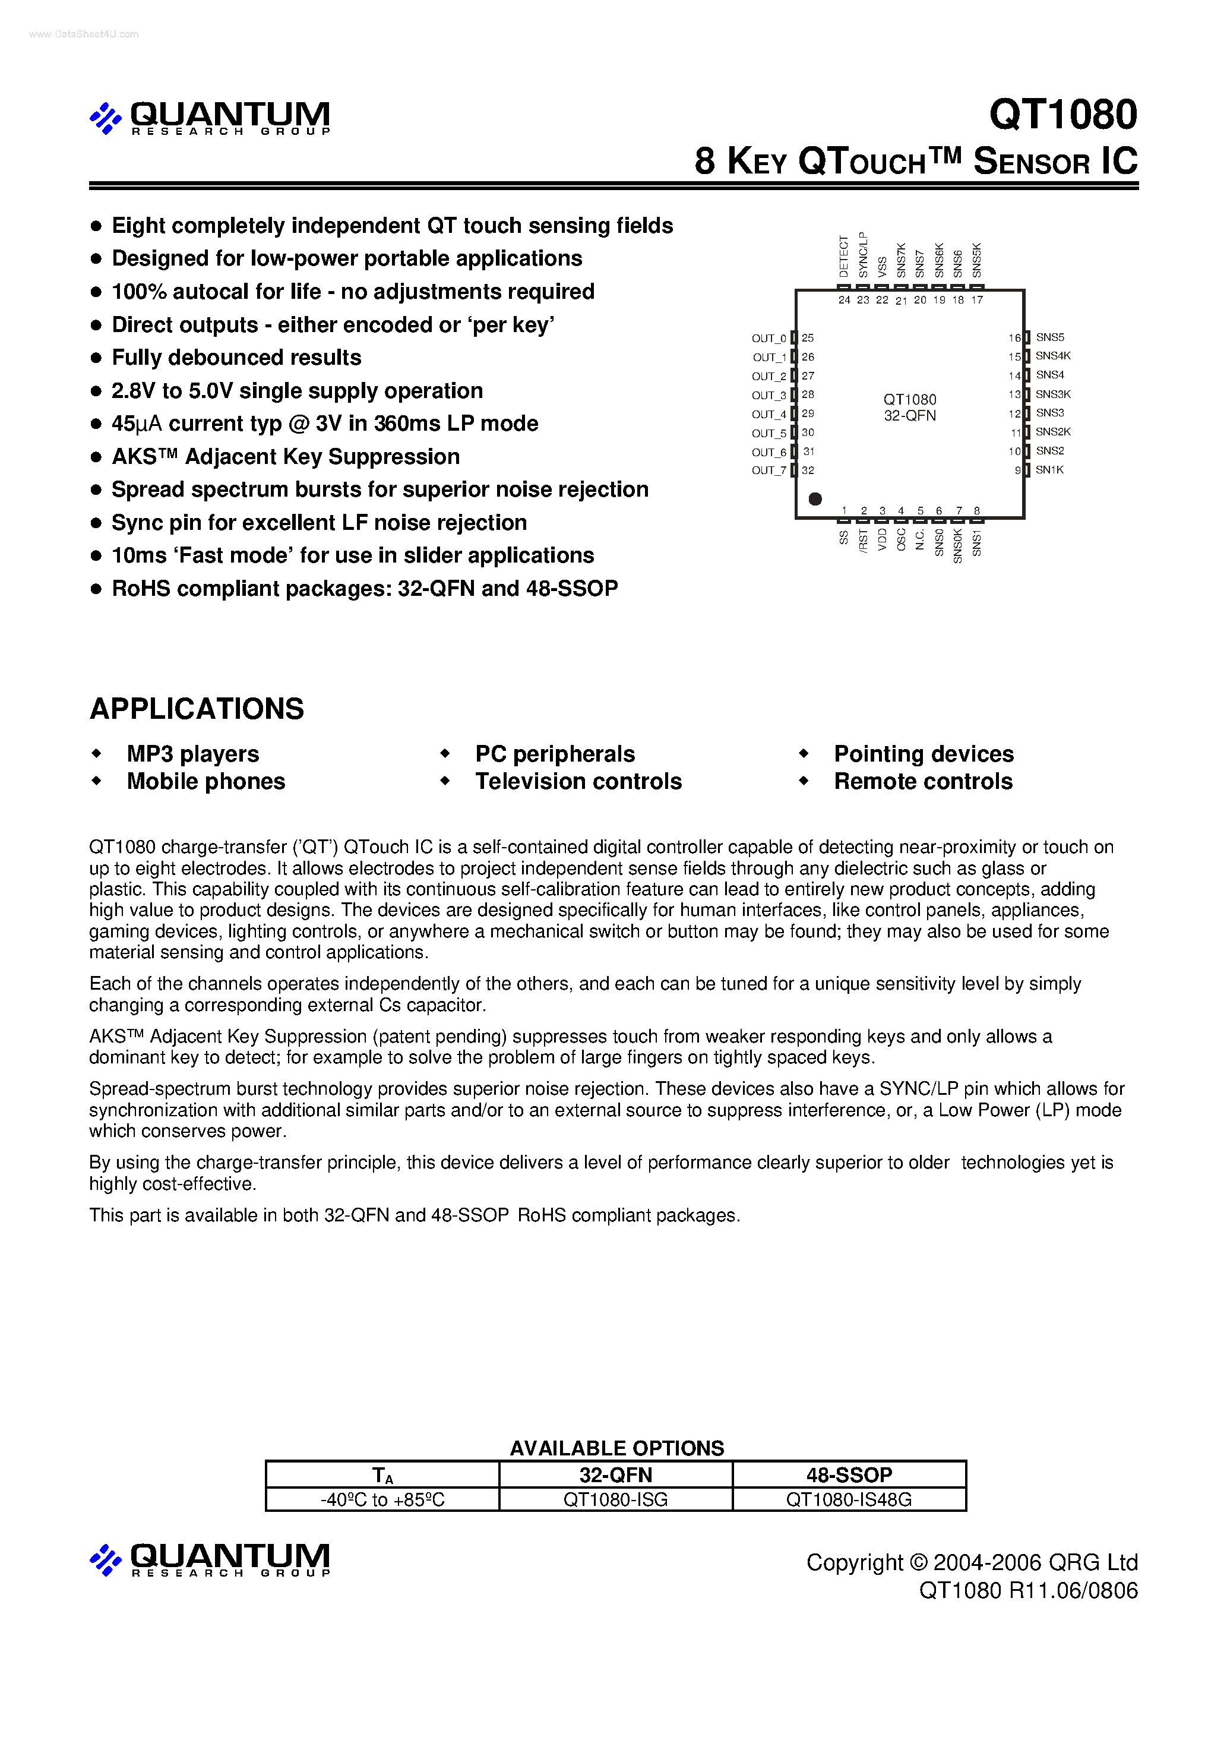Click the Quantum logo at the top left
210,117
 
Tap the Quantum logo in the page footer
210,1559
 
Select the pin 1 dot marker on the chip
815,498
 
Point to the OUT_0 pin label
769,338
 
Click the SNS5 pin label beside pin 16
1049,337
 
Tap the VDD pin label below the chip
882,540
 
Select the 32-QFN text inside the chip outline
909,416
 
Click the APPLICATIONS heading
197,709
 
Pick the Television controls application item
578,782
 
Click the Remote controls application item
923,782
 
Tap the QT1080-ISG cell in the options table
615,1499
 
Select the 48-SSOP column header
849,1474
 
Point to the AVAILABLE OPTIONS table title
616,1448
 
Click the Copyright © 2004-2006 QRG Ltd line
971,1562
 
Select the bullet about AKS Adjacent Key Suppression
285,457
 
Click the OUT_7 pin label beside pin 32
769,470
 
